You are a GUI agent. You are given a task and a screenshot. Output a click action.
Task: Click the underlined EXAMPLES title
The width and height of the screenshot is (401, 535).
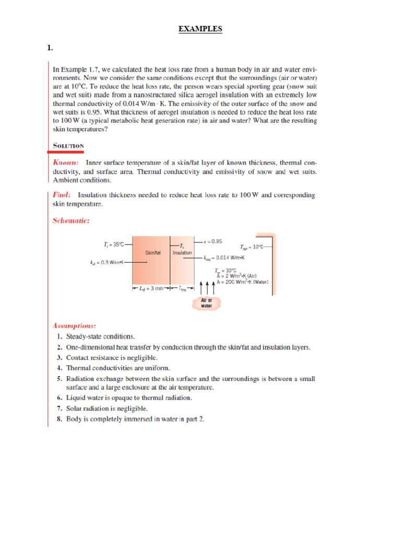point(200,29)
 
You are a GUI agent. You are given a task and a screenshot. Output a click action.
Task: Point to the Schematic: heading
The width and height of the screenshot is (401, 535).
point(72,220)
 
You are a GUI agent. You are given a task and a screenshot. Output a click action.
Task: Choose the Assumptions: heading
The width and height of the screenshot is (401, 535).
point(74,325)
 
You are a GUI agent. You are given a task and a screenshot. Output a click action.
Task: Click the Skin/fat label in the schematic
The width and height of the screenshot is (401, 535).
point(153,252)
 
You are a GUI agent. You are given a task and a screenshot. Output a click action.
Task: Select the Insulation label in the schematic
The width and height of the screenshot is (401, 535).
point(182,252)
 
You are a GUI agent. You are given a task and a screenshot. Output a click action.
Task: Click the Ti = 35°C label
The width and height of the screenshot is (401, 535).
point(114,244)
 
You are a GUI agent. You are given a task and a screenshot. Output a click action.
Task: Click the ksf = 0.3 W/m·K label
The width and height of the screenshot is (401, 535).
point(107,262)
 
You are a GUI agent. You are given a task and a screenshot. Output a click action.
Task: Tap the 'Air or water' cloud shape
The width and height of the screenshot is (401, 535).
point(207,303)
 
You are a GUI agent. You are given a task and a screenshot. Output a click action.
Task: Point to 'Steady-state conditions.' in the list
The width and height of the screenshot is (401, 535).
point(100,336)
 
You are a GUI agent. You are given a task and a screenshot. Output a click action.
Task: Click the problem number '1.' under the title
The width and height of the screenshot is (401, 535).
point(50,48)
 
